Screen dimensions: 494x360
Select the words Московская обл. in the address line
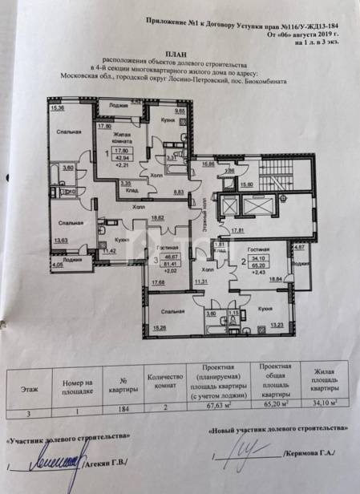[x=85, y=78]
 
